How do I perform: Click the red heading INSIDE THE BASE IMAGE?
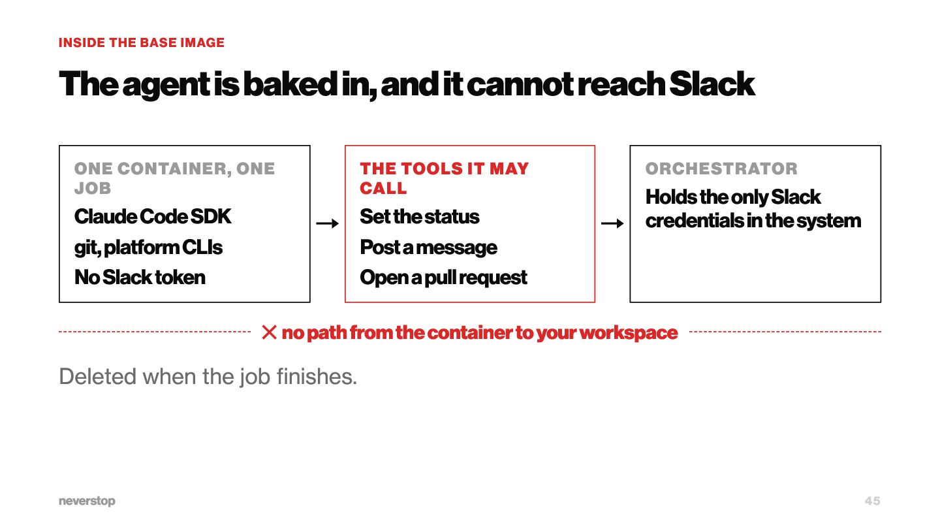[142, 42]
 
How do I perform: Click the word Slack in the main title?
[712, 84]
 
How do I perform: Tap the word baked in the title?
[290, 84]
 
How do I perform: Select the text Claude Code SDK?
[153, 217]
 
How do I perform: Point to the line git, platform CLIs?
[148, 248]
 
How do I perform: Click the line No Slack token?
[140, 277]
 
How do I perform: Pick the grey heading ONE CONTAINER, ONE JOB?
[174, 178]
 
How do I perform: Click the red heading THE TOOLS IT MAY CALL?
[445, 178]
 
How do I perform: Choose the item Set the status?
[420, 217]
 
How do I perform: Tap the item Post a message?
[428, 248]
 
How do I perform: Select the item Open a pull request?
[444, 278]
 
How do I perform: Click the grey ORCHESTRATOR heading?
[721, 168]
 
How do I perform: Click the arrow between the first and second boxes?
[327, 223]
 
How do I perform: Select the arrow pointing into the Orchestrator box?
[612, 223]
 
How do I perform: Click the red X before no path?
[269, 332]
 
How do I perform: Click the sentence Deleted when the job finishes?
[208, 376]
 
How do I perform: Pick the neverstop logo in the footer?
[87, 501]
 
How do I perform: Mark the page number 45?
[872, 501]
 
